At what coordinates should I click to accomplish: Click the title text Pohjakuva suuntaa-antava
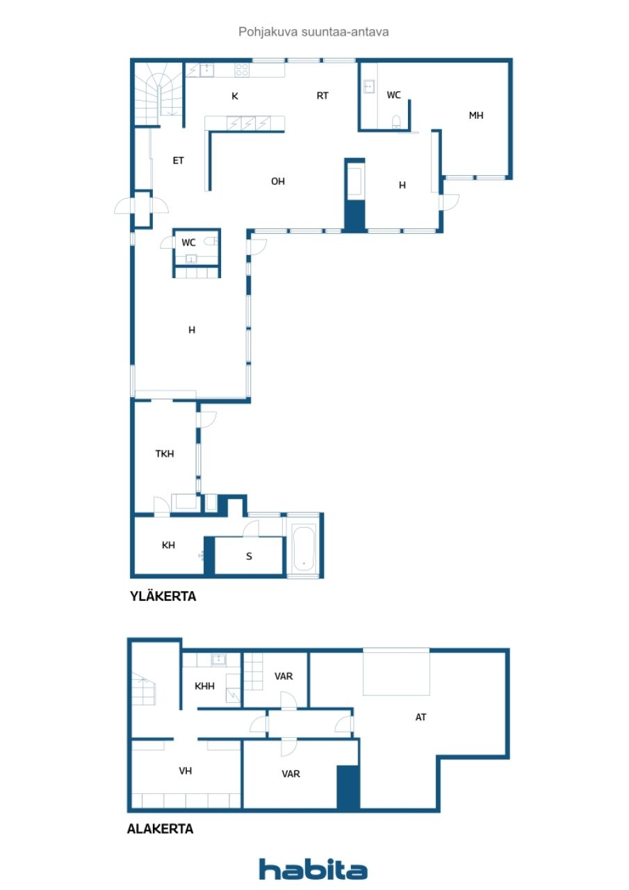tap(314, 31)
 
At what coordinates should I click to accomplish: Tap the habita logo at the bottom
tap(313, 870)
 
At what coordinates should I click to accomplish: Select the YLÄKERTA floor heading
tap(163, 596)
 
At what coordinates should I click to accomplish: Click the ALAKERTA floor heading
tap(161, 829)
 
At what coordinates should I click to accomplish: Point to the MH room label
tap(475, 116)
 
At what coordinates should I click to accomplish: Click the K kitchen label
tap(235, 97)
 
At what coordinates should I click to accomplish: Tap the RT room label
tap(322, 96)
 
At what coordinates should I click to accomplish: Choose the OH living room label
tap(278, 181)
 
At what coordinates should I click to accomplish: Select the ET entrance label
tap(179, 161)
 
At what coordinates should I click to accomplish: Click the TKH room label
tap(165, 454)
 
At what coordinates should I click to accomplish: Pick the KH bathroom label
tap(168, 545)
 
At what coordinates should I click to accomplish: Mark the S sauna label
tap(249, 556)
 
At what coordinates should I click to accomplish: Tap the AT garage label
tap(420, 717)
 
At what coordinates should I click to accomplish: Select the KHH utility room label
tap(204, 686)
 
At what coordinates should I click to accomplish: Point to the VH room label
tap(185, 770)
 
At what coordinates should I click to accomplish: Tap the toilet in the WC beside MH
tap(396, 122)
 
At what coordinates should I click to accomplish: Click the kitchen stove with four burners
tap(242, 70)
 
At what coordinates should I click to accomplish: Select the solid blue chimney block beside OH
tap(354, 215)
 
